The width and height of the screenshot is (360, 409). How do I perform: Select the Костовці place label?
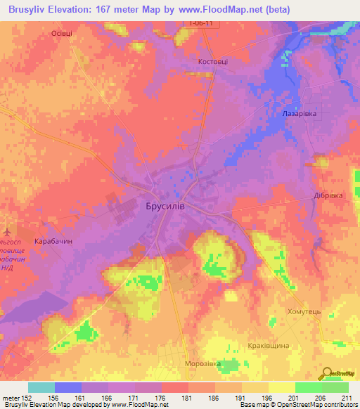[211, 62]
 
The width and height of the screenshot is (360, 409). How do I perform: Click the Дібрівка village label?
[328, 197]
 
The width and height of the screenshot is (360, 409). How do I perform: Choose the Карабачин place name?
[53, 240]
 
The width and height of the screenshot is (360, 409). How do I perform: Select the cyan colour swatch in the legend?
[41, 387]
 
